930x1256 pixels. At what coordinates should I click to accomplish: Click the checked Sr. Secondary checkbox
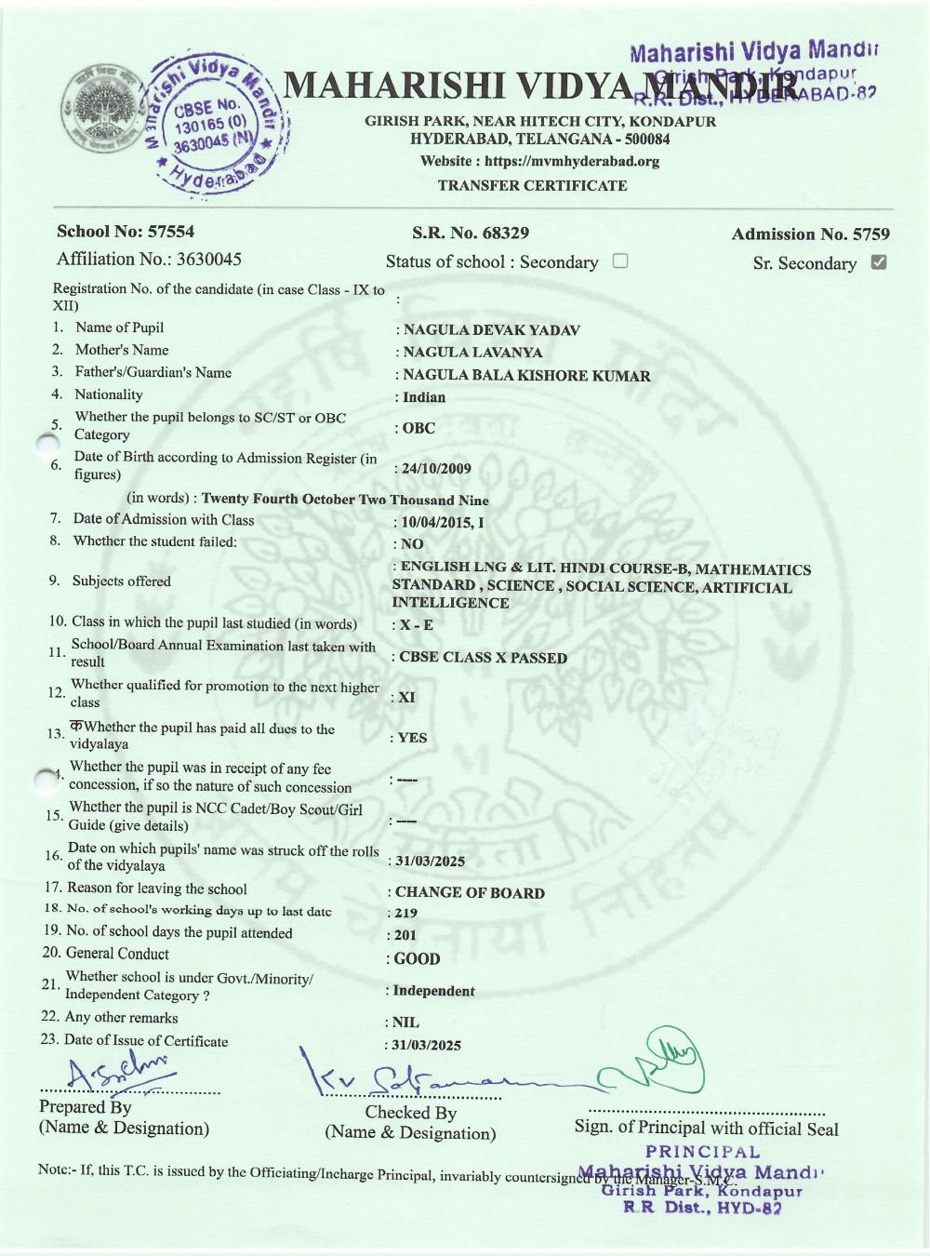coord(878,261)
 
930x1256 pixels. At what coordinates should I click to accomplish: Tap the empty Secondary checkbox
coord(620,261)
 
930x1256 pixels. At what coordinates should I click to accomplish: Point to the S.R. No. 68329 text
coord(471,233)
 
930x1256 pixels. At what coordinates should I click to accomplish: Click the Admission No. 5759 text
coord(810,234)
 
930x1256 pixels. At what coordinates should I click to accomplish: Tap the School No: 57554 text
coord(126,232)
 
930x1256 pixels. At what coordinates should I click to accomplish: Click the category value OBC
coord(418,428)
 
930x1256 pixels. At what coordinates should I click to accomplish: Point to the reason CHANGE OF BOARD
coord(470,893)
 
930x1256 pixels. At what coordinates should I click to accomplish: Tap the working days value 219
coord(406,914)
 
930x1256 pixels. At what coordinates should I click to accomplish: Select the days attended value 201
coord(405,936)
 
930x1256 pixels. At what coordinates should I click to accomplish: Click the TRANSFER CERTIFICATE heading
coord(533,185)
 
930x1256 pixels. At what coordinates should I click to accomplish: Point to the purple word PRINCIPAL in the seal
coord(703,1153)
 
